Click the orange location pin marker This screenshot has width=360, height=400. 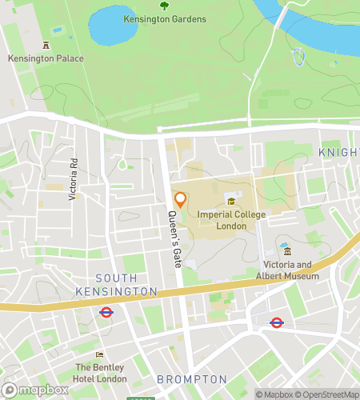tap(180, 200)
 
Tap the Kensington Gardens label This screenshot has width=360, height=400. tap(165, 18)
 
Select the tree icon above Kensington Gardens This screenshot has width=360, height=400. tap(165, 6)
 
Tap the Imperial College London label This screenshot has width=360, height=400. tap(231, 220)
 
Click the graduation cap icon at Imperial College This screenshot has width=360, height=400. tap(231, 202)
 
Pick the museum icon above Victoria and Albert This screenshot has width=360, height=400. tap(286, 252)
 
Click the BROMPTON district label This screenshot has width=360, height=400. tap(192, 378)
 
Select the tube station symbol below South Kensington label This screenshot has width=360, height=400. tap(106, 313)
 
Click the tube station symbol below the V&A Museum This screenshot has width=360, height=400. tap(276, 323)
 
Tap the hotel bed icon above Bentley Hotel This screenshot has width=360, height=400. tap(100, 354)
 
